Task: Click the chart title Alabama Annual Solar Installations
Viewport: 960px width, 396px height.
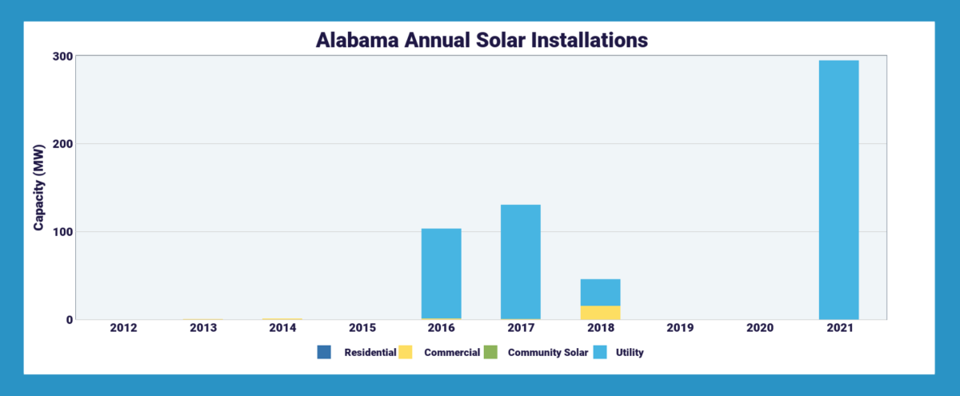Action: [x=480, y=41]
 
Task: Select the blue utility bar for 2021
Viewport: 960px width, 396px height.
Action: [x=838, y=190]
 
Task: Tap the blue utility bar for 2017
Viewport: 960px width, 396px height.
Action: [x=520, y=262]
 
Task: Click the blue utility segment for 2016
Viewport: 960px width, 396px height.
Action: [x=441, y=273]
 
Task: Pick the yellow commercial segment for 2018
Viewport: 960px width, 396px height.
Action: [x=600, y=312]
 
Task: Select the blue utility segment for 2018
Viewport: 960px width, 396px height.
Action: [x=600, y=292]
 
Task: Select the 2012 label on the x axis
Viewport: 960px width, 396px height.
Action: [x=124, y=328]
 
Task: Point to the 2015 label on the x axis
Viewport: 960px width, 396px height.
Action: [x=362, y=328]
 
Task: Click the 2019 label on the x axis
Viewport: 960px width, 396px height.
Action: [x=680, y=328]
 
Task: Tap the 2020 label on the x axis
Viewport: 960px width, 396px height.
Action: [x=759, y=328]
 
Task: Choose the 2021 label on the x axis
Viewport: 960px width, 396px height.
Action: [x=838, y=328]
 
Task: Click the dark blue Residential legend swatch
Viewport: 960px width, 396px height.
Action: [x=324, y=352]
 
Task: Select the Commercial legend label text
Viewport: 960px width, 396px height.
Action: [x=452, y=352]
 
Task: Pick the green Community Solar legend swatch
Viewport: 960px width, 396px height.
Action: [x=490, y=352]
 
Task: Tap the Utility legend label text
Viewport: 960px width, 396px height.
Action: [x=629, y=352]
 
